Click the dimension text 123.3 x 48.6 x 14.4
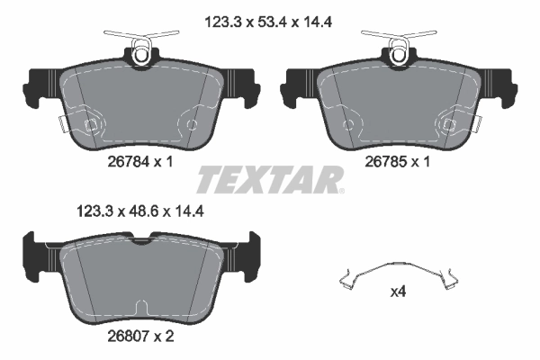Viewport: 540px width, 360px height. pyautogui.click(x=136, y=212)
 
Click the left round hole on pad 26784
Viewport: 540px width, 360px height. pyautogui.click(x=88, y=124)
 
